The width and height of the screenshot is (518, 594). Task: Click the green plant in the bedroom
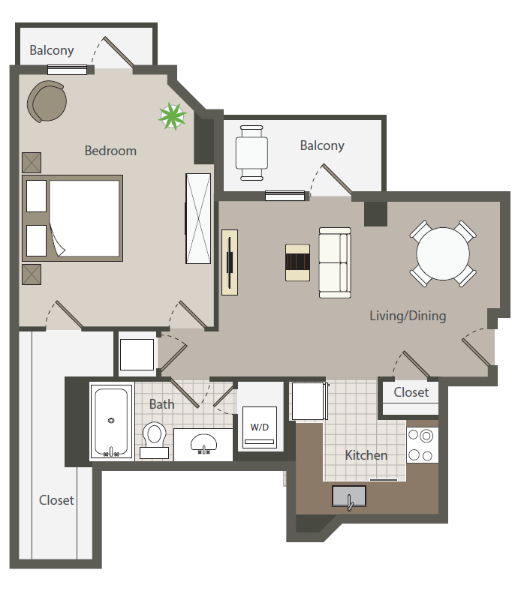172,116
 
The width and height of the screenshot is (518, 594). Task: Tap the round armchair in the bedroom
47,101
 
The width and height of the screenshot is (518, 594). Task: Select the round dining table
443,253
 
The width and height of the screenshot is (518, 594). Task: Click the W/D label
260,427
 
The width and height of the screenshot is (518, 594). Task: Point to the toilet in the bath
155,440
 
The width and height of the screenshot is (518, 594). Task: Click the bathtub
112,421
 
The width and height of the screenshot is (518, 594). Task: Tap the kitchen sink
349,496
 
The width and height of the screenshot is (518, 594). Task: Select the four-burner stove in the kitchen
423,445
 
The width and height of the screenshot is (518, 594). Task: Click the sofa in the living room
335,262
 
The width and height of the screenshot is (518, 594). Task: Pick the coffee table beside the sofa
298,262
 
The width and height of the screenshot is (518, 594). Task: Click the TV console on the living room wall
230,262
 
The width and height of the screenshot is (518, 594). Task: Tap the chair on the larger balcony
251,153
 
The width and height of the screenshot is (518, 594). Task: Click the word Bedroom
110,151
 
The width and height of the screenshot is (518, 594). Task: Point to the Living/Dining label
408,316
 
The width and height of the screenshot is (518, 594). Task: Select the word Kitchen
366,455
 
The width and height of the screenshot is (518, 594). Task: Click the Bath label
162,404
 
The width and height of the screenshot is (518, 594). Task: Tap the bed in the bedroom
72,218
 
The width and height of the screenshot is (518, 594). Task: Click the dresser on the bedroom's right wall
198,218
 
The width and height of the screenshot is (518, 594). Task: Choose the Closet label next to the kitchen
411,392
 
